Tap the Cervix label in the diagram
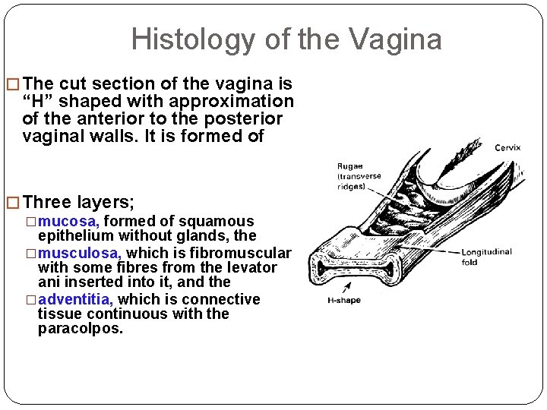point(507,147)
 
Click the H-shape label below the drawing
point(343,299)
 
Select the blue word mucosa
point(69,221)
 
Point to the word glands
point(192,236)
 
